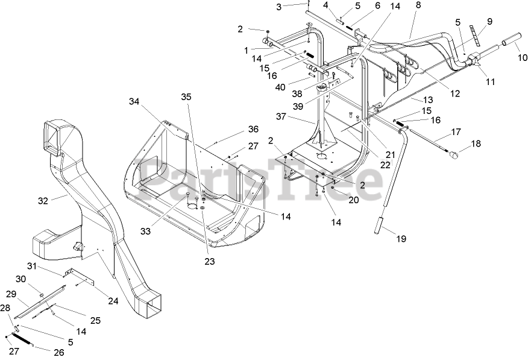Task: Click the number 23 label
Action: [x=209, y=261]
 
